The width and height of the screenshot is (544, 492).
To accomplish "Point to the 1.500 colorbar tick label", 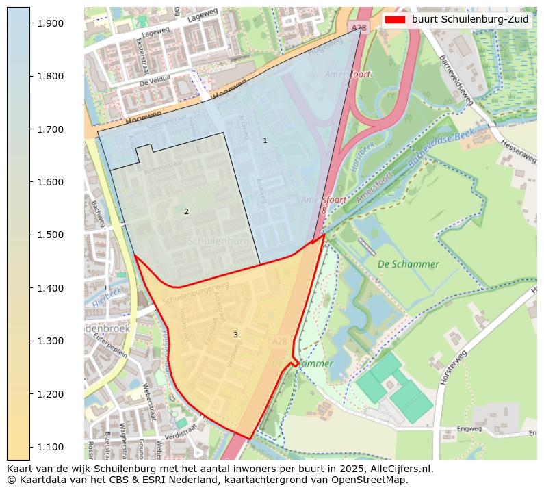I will point(49,235).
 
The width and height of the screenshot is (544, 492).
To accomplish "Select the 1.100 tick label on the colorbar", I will point(49,447).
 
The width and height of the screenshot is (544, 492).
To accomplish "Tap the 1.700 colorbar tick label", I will point(49,129).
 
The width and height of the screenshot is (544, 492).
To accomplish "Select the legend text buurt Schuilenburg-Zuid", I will point(470,20).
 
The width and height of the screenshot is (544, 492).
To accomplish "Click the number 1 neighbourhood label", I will point(265,140).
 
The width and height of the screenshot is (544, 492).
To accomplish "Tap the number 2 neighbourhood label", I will point(186,211).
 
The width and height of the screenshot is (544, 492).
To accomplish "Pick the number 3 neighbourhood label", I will point(235,335).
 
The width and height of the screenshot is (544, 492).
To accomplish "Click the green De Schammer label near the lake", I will point(408,264).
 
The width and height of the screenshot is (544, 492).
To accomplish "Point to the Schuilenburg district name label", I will point(218,242).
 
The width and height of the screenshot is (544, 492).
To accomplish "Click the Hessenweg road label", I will point(518,147).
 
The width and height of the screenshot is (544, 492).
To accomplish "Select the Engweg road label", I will point(469,429).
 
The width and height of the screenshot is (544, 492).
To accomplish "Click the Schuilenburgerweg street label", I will point(196,294).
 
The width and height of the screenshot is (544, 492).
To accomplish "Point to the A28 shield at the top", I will point(356,27).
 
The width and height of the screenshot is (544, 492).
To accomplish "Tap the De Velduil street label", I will point(154,81).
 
